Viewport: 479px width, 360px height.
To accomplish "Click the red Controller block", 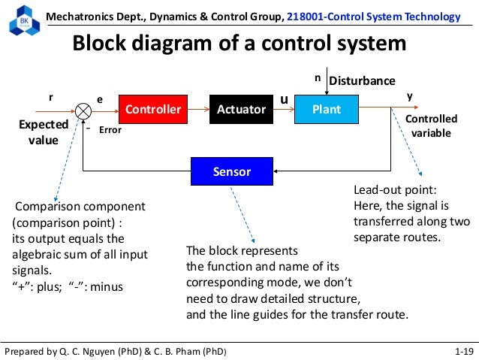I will coord(153,110).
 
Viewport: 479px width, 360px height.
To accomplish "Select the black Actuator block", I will coord(241,110).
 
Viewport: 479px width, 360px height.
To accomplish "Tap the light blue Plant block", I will coord(327,110).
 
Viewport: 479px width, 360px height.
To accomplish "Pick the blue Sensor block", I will coord(231,171).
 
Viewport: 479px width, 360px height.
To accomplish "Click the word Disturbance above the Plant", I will coord(362,80).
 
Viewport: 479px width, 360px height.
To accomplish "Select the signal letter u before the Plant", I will coord(284,98).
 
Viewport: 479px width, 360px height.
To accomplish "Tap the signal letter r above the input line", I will coord(51,98).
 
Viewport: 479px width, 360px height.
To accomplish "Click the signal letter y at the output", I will coord(409,96).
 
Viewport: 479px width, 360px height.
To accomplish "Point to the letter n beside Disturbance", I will coord(317,77).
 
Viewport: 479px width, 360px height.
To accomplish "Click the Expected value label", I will coord(44,132).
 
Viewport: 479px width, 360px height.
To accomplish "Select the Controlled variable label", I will coord(431,126).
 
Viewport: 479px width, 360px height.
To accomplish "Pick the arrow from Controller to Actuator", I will coord(199,110).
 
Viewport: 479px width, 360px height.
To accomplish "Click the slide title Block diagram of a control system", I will coord(239,44).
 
